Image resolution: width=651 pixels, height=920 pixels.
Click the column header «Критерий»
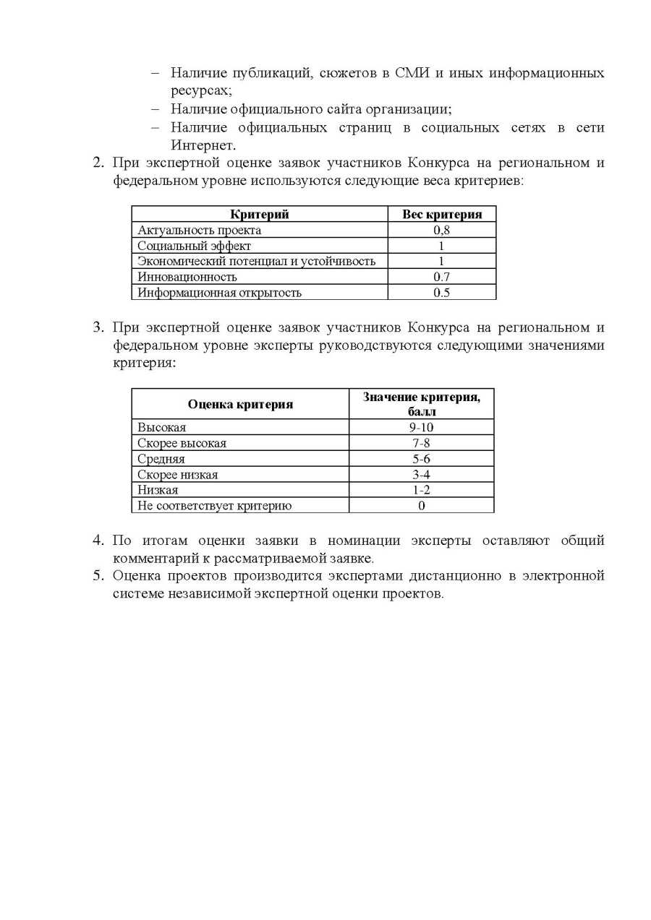point(259,214)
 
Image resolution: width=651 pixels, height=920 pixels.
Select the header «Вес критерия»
point(441,214)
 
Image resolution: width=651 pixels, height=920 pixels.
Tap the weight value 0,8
point(441,230)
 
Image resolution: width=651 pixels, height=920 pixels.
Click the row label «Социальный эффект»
point(194,246)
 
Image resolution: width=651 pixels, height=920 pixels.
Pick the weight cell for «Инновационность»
point(441,277)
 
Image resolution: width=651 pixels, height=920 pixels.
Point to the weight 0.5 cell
point(441,293)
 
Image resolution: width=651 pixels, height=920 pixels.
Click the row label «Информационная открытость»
point(219,293)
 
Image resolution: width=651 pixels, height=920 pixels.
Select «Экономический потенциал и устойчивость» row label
point(256,261)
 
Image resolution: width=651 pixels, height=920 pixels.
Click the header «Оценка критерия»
point(240,404)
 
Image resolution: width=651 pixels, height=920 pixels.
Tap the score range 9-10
point(421,427)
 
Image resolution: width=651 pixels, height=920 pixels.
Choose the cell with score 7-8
point(421,443)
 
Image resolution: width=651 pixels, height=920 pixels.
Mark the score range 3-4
point(421,475)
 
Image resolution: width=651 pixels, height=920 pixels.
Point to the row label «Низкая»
point(158,490)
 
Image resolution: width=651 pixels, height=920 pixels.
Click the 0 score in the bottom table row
point(421,506)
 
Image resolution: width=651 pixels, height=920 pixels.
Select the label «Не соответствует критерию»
point(214,506)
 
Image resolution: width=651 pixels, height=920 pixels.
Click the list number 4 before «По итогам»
point(98,541)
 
